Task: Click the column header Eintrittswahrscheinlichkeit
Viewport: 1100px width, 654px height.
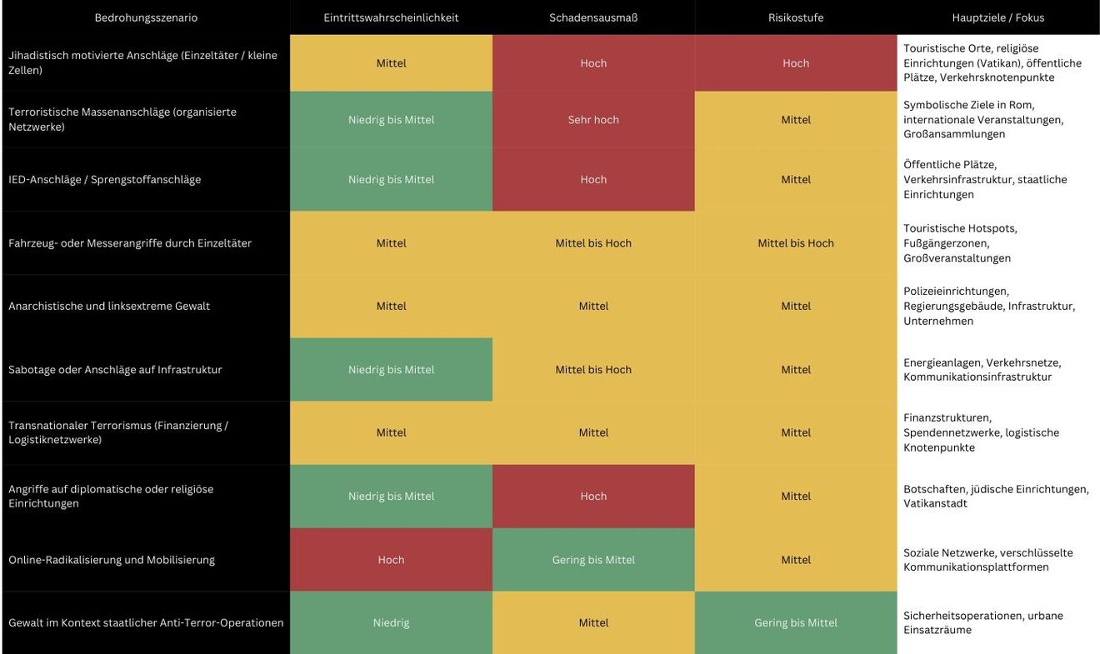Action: click(x=391, y=17)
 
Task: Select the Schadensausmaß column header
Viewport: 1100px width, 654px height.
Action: click(x=593, y=17)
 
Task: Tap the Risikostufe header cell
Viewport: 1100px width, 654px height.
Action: click(x=796, y=17)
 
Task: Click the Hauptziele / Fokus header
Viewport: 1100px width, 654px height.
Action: click(x=997, y=17)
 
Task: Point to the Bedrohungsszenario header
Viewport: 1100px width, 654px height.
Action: click(x=146, y=17)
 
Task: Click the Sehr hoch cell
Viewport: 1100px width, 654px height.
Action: click(x=593, y=120)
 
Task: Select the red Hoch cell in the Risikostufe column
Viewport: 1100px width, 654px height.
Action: click(x=796, y=63)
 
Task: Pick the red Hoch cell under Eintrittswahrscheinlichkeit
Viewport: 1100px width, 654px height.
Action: click(x=391, y=560)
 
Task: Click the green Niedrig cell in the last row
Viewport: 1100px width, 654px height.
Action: click(x=391, y=623)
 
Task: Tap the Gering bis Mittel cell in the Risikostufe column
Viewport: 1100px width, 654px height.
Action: click(x=796, y=623)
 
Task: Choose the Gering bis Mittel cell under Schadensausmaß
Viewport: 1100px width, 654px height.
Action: click(x=593, y=560)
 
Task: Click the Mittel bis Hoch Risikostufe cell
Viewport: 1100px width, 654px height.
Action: click(x=796, y=243)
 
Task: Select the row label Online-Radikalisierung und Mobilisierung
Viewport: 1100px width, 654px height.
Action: click(x=112, y=560)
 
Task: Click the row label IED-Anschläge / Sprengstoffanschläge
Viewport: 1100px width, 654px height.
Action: click(x=105, y=180)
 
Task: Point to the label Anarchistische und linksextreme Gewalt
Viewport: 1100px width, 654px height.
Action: click(x=109, y=307)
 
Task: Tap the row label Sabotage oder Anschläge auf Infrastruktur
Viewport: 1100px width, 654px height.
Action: click(x=115, y=370)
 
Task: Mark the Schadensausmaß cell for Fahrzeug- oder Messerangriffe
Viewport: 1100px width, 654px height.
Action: click(x=593, y=243)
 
